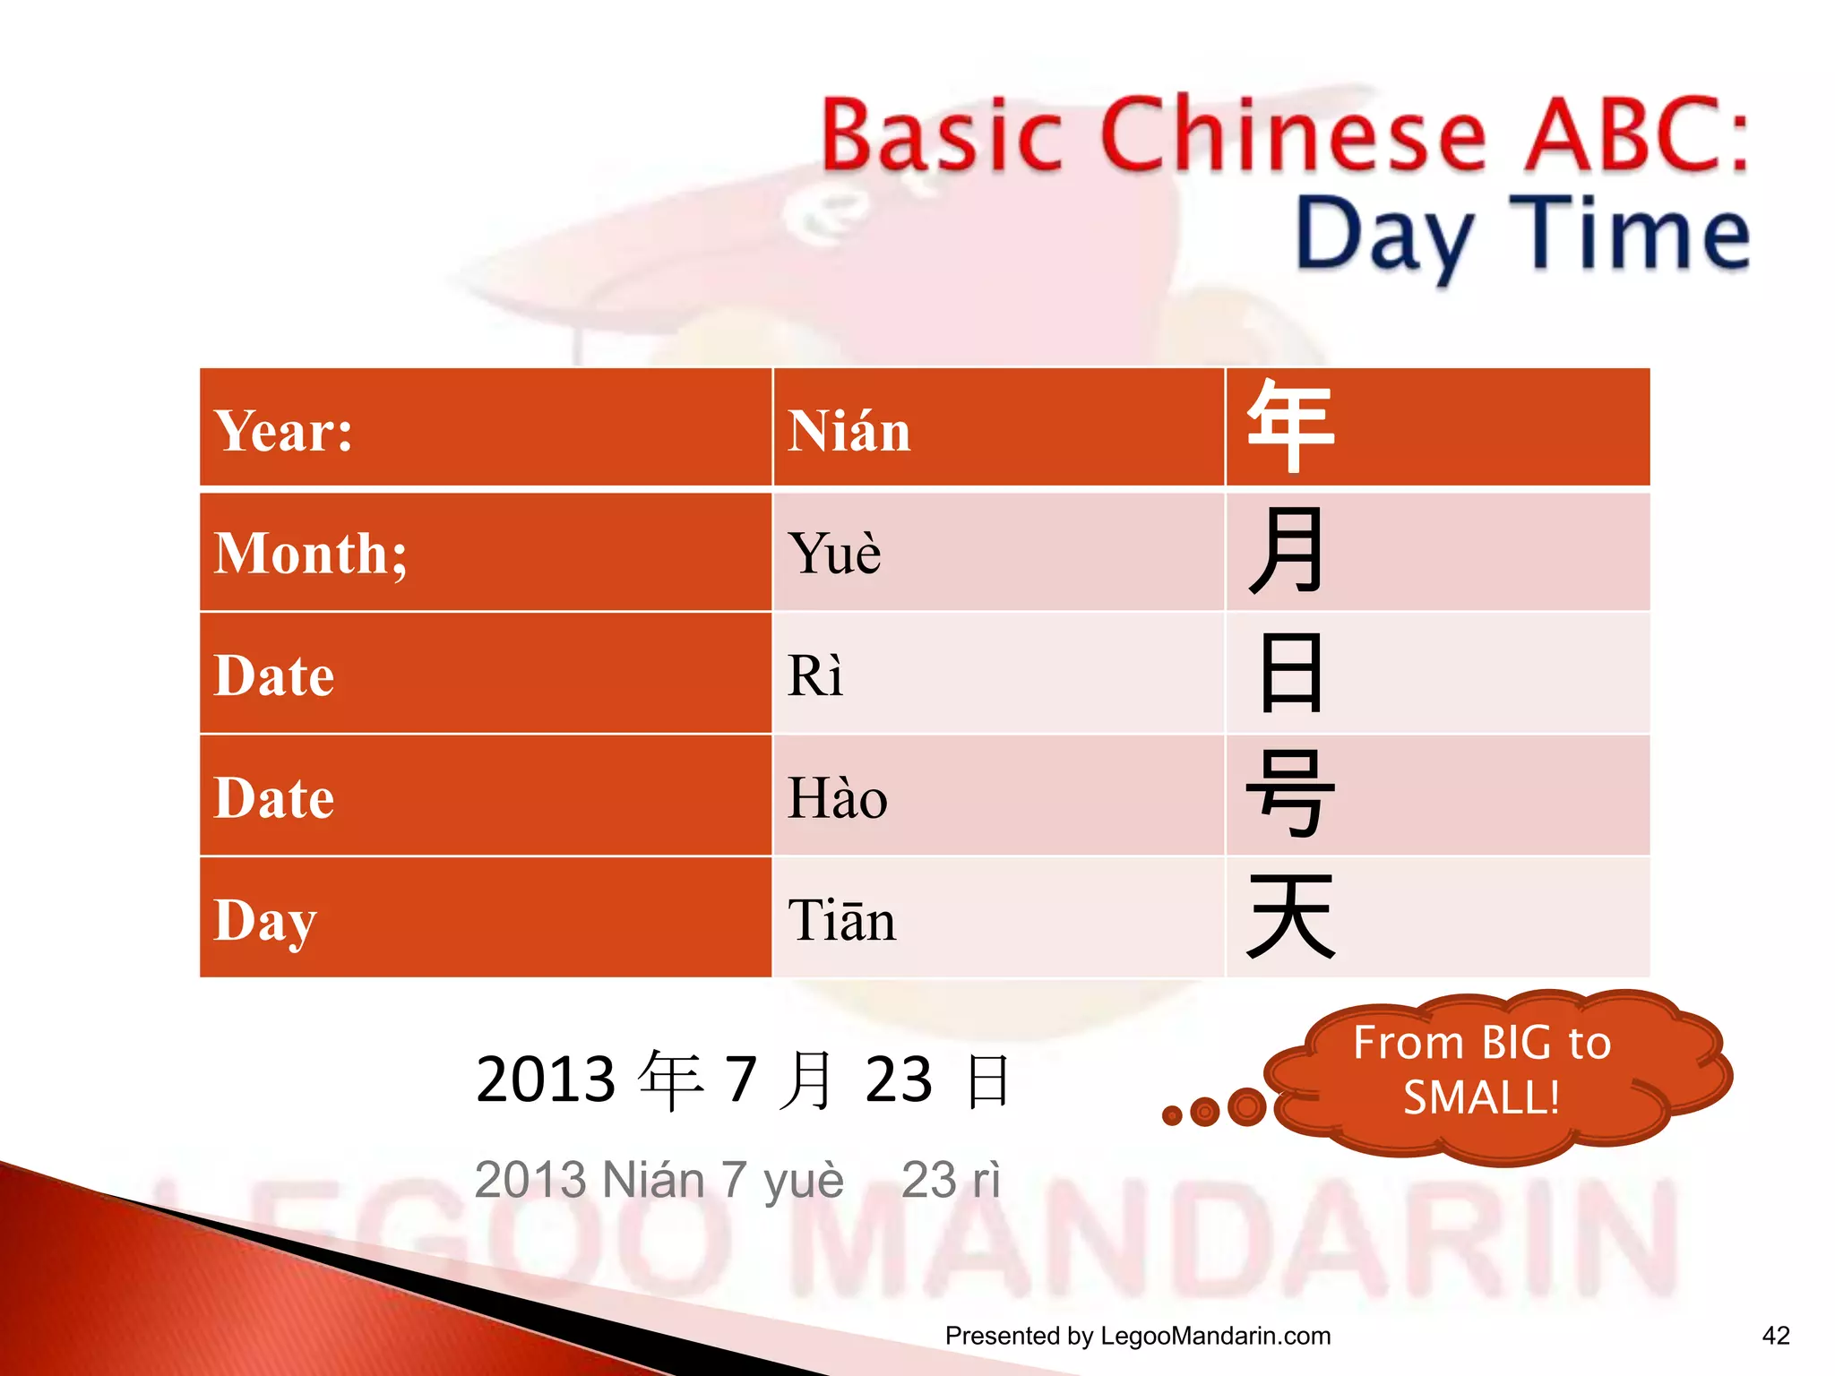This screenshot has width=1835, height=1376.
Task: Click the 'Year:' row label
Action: click(x=283, y=431)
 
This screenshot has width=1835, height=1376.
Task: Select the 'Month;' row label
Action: click(x=311, y=553)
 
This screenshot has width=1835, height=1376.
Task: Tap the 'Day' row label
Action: click(x=265, y=920)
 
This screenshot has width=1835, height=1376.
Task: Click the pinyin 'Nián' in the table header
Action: click(x=849, y=431)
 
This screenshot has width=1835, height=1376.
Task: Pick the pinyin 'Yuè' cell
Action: click(x=834, y=553)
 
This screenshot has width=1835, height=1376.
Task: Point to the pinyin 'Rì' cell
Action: click(x=814, y=675)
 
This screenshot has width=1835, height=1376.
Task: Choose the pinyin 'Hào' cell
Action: click(x=837, y=797)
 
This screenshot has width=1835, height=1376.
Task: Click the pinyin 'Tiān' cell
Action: click(x=841, y=920)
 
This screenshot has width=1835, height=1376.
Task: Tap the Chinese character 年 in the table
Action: click(x=1289, y=426)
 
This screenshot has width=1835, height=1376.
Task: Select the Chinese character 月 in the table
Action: click(x=1287, y=550)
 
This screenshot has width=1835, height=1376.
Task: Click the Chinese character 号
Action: click(x=1289, y=795)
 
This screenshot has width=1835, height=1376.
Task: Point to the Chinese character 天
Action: click(x=1289, y=916)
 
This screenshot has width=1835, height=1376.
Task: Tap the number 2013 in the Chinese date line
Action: click(x=546, y=1079)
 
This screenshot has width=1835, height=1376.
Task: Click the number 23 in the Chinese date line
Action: click(x=898, y=1079)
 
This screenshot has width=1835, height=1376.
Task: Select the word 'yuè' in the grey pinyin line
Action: click(x=804, y=1180)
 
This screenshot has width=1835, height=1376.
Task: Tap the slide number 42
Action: click(x=1775, y=1336)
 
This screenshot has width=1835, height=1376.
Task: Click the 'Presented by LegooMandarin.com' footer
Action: click(x=1137, y=1336)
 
